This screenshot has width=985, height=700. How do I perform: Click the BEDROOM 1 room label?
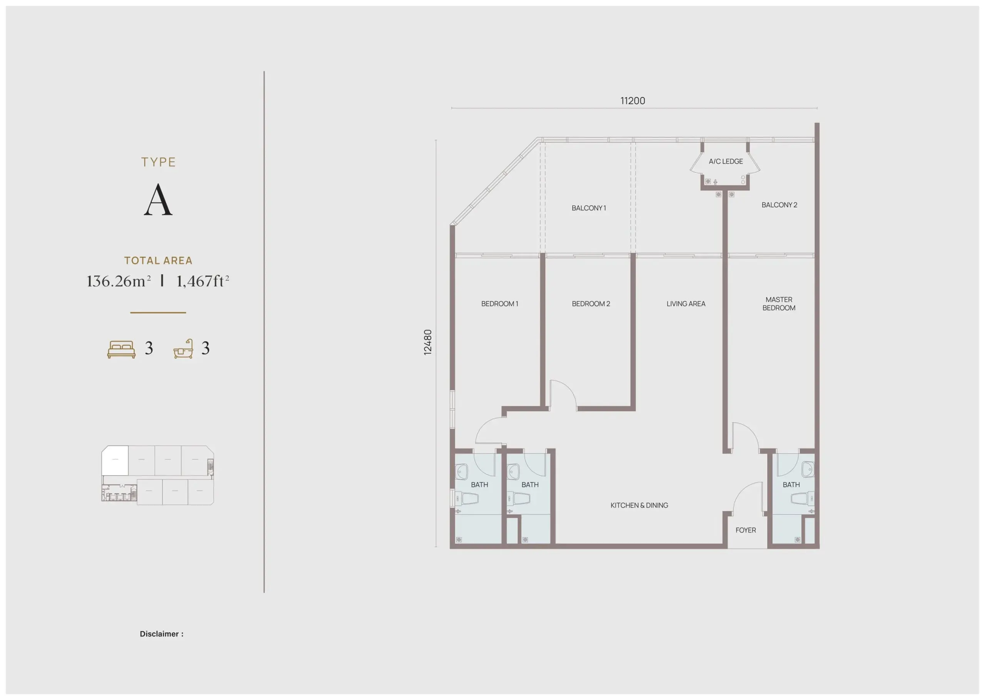(x=499, y=304)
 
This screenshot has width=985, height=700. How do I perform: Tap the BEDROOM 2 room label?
(x=591, y=304)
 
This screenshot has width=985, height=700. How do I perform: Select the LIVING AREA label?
(x=686, y=304)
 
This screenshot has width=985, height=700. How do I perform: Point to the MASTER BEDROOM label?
(x=779, y=304)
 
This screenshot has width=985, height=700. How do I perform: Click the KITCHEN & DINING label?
(x=639, y=505)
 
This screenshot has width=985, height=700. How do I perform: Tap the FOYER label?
(x=746, y=530)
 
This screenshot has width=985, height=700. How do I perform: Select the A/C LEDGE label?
(x=726, y=162)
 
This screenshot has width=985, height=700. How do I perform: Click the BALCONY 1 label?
(x=589, y=208)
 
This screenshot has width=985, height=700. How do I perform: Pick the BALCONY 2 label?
(x=779, y=205)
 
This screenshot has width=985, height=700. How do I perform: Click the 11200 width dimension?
(x=633, y=101)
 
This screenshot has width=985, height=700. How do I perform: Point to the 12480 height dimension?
(x=428, y=342)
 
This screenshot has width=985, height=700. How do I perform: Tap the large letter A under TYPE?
(x=158, y=199)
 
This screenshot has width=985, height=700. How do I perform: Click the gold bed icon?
(x=122, y=349)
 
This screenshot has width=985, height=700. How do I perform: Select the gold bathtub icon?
(x=183, y=349)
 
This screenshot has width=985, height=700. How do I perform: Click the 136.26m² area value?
(x=119, y=281)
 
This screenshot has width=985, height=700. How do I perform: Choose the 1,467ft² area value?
(x=203, y=281)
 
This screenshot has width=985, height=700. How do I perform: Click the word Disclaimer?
(x=159, y=634)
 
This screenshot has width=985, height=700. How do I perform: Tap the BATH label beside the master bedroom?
(x=791, y=485)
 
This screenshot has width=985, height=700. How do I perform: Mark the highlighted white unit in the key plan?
(x=115, y=461)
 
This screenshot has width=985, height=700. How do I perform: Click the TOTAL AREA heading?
(x=158, y=261)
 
